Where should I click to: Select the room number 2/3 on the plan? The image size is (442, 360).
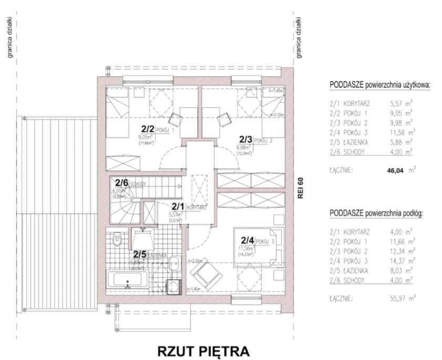[245, 140]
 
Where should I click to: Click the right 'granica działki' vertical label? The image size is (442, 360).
[299, 37]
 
